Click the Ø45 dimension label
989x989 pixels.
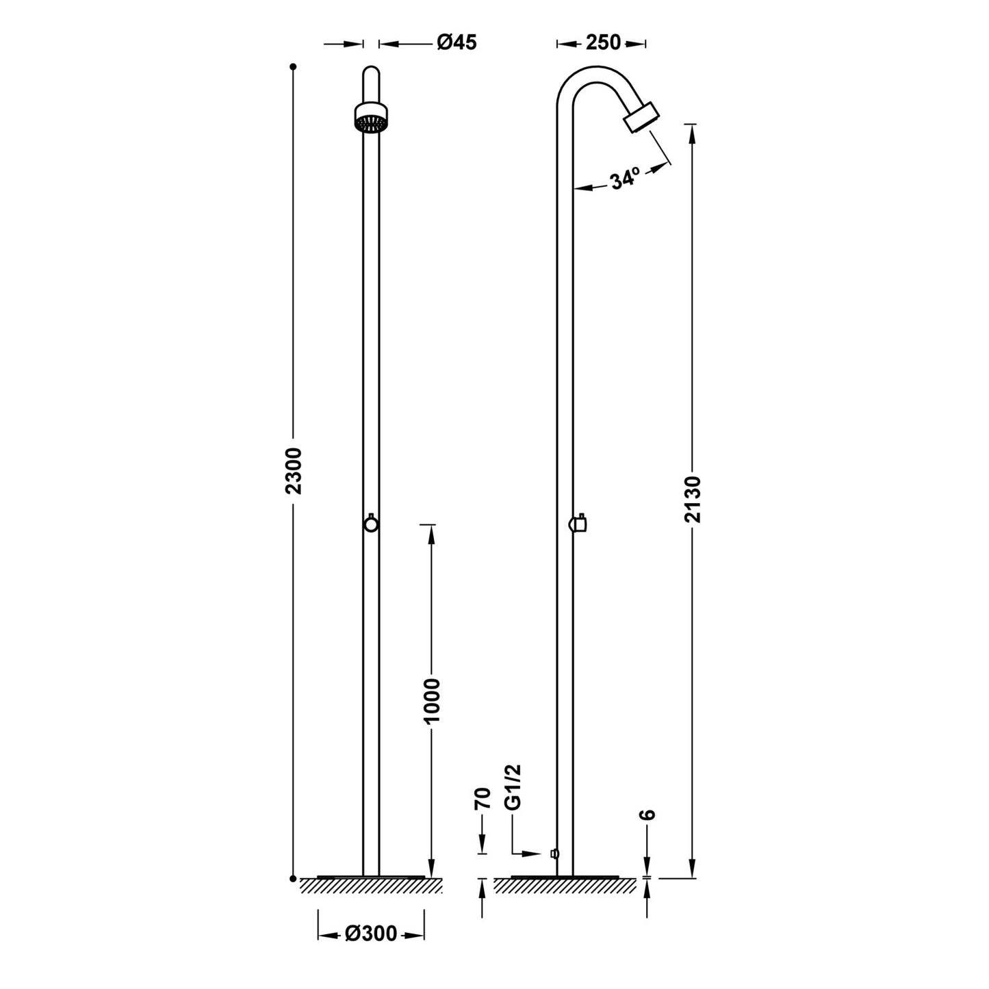point(457,42)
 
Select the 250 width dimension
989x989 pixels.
point(603,42)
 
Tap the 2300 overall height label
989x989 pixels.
point(294,471)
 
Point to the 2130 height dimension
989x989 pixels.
point(693,500)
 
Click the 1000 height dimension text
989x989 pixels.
point(432,701)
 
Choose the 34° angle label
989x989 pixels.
point(625,179)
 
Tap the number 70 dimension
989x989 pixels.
point(483,798)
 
